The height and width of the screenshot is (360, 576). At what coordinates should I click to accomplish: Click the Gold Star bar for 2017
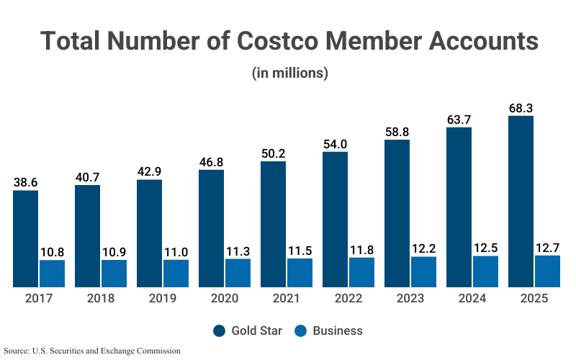(x=25, y=238)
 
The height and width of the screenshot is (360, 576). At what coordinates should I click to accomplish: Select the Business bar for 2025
(x=547, y=271)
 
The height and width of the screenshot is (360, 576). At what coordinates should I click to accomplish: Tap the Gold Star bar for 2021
(x=273, y=224)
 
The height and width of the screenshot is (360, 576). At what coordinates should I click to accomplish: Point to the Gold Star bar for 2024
(x=459, y=207)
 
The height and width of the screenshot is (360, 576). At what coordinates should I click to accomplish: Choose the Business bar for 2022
(x=361, y=272)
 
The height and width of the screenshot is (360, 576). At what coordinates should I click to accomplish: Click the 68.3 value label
(x=521, y=108)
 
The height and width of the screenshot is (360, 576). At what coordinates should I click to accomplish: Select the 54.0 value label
(x=335, y=144)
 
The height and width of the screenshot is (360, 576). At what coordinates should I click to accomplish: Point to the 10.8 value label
(x=52, y=253)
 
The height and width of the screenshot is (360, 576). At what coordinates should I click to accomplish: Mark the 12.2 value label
(x=423, y=249)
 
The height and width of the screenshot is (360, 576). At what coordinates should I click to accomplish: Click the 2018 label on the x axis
(x=100, y=298)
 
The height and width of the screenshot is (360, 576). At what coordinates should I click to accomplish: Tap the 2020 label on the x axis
(x=224, y=298)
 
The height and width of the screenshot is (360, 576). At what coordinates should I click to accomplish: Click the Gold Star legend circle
(x=220, y=331)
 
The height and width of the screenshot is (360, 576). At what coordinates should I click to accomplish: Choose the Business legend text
(x=338, y=331)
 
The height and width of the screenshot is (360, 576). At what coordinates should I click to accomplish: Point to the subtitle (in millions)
(x=290, y=73)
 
